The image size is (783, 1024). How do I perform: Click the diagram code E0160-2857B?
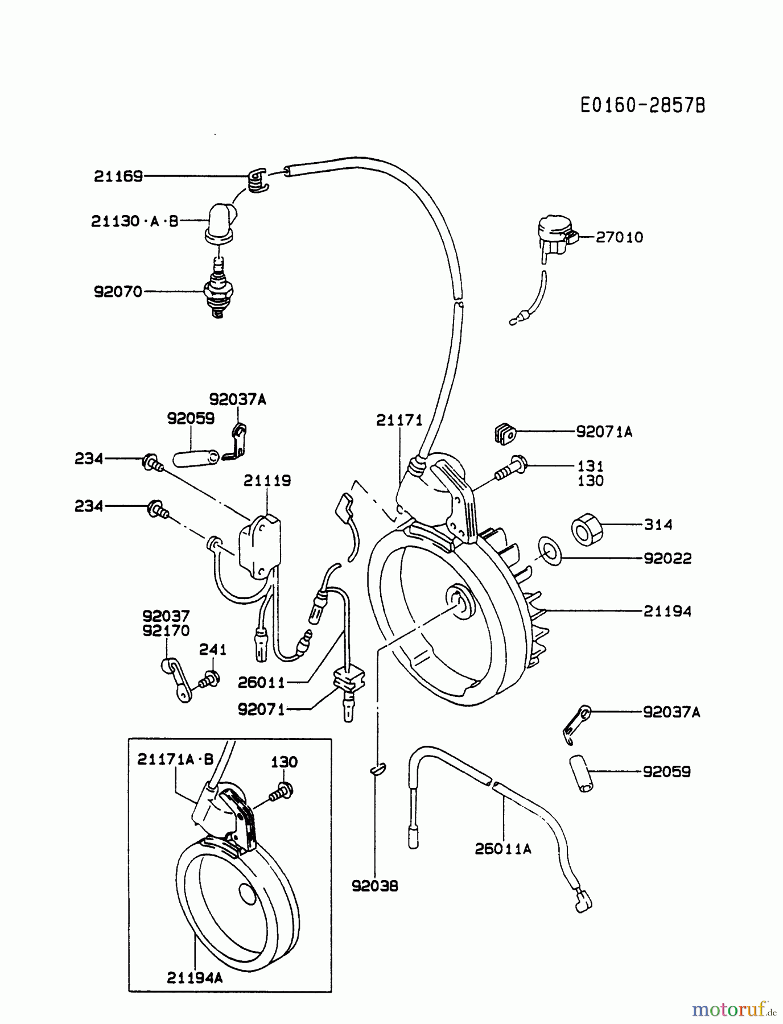tap(642, 105)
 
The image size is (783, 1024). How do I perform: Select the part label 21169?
tap(118, 176)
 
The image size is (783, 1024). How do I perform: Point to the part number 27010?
tap(619, 237)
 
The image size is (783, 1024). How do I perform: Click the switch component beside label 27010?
tap(555, 236)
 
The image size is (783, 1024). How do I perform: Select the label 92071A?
tap(604, 432)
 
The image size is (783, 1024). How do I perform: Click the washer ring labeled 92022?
tap(550, 551)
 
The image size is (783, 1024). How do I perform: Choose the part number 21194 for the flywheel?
tap(667, 612)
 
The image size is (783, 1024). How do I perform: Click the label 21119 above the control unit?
tap(267, 481)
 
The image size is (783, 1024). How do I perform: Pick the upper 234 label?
tap(89, 458)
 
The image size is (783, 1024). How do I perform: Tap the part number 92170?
tap(166, 630)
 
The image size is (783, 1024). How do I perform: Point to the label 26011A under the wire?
tap(502, 849)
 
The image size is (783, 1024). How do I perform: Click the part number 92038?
tap(374, 886)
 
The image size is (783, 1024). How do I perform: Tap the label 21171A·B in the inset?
tap(175, 759)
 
